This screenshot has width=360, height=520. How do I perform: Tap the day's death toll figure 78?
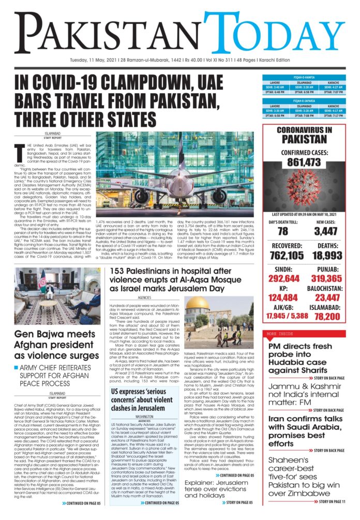(282, 231)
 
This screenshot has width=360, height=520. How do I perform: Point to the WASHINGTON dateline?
(144, 415)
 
